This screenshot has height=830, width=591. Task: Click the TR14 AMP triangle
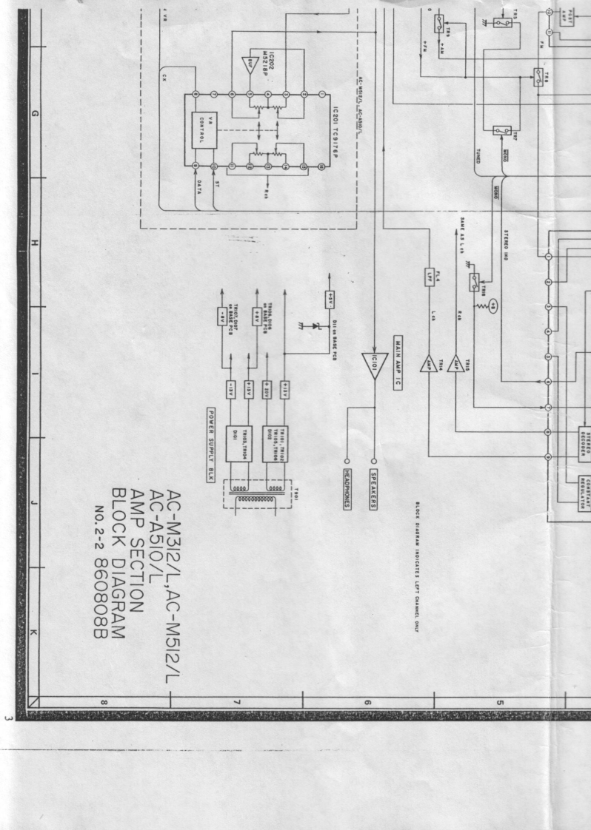pyautogui.click(x=430, y=364)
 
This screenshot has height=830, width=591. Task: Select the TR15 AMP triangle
pyautogui.click(x=457, y=364)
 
